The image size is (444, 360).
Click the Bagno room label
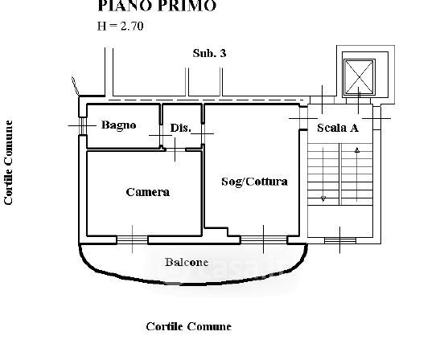click(119, 125)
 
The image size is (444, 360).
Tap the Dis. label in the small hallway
click(181, 128)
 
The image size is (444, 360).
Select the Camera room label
click(147, 192)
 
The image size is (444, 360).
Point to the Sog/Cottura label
click(254, 182)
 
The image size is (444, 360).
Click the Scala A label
click(338, 128)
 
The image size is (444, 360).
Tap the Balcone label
click(187, 262)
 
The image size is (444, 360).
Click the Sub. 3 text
click(209, 53)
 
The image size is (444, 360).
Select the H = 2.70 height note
click(121, 26)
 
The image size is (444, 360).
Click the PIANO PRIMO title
click(157, 6)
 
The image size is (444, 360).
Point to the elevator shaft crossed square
click(359, 76)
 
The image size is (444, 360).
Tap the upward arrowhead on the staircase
click(357, 150)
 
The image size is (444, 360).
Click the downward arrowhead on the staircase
click(323, 198)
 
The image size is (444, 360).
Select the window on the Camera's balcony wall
click(132, 239)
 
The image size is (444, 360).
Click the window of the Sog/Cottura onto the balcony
click(264, 239)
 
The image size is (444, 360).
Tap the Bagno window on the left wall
click(82, 125)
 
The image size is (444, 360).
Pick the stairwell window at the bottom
click(339, 240)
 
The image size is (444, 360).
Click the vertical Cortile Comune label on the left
click(9, 162)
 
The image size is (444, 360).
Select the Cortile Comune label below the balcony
click(188, 326)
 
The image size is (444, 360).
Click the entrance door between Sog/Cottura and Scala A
click(303, 118)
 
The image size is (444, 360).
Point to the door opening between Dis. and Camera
click(175, 149)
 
